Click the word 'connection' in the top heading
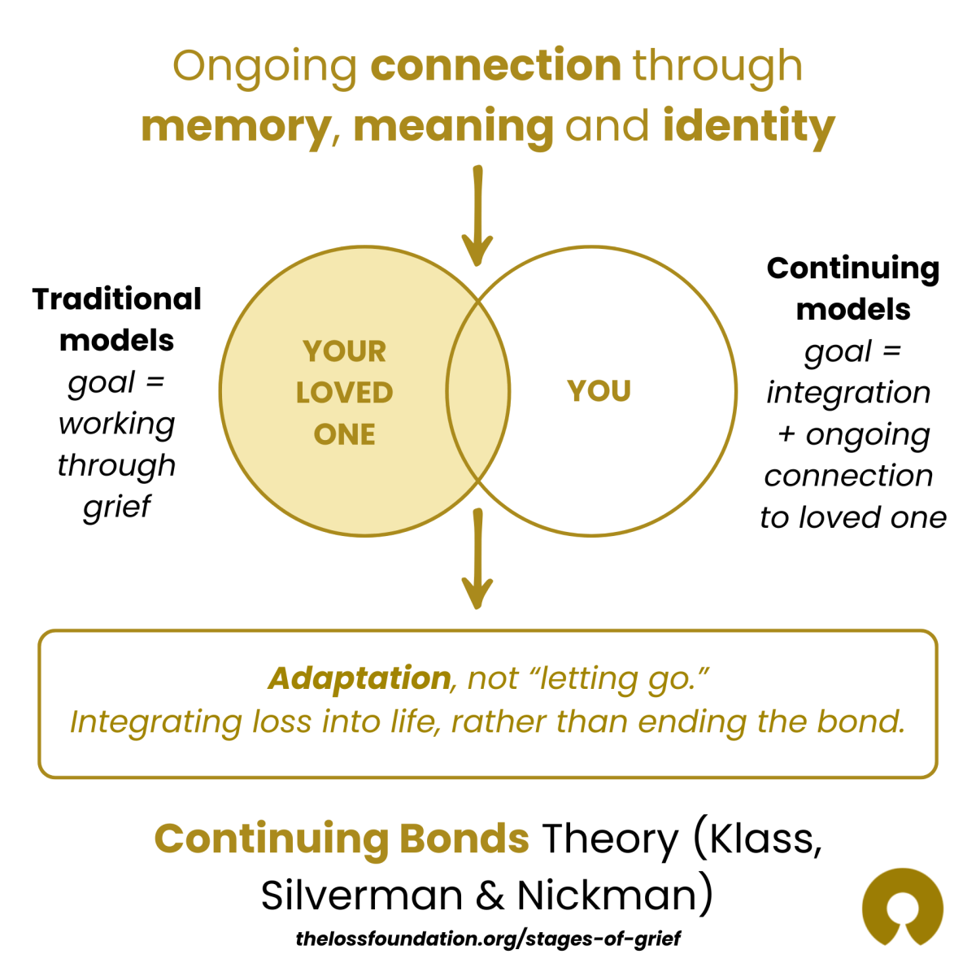pos(495,66)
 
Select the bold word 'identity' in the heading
pos(748,126)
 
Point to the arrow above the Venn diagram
pos(477,216)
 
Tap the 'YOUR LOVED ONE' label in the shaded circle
pos(344,393)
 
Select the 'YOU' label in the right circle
pos(599,391)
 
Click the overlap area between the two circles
pos(478,391)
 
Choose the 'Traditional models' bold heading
pos(117,320)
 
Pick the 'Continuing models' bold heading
pos(853,289)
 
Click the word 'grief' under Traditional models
pos(117,507)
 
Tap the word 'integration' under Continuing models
pos(848,393)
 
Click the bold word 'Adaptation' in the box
pos(359,678)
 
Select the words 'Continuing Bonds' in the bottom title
pos(342,839)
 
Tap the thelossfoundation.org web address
pos(488,939)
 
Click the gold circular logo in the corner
pos(902,908)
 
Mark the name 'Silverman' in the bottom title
pos(362,895)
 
